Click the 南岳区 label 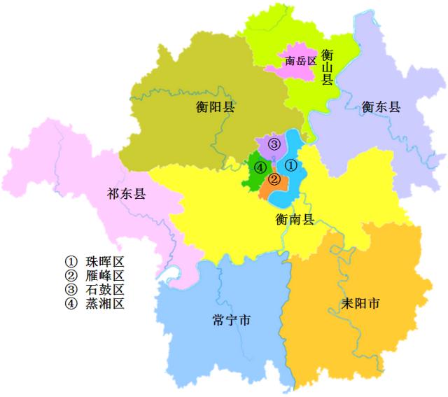302,61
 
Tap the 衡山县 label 327,67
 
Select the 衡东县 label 381,107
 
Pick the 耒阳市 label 359,305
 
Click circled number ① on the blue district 293,165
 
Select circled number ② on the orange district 275,179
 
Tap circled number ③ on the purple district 274,144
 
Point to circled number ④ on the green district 260,167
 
